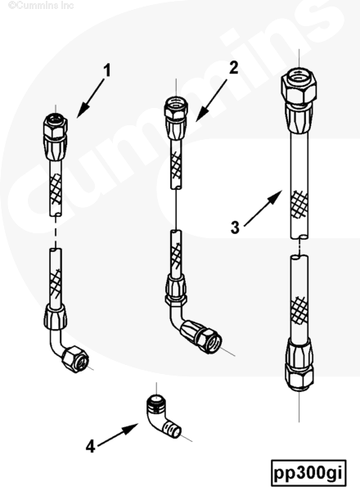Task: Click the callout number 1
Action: click(107, 70)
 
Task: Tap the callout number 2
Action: click(233, 68)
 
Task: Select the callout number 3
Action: click(235, 227)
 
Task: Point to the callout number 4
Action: click(90, 446)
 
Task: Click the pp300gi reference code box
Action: click(308, 473)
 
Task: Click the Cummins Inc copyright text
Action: click(41, 6)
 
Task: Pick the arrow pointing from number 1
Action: click(91, 98)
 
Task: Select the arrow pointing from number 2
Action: click(211, 101)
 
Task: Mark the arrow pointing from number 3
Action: click(263, 208)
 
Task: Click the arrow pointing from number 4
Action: click(118, 435)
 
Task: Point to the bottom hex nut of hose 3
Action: click(299, 376)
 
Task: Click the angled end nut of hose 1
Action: click(75, 359)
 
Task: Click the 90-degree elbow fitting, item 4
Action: click(162, 417)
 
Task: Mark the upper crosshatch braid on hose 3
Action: click(299, 204)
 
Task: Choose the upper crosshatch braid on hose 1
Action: click(56, 188)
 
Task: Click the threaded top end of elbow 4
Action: click(155, 402)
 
